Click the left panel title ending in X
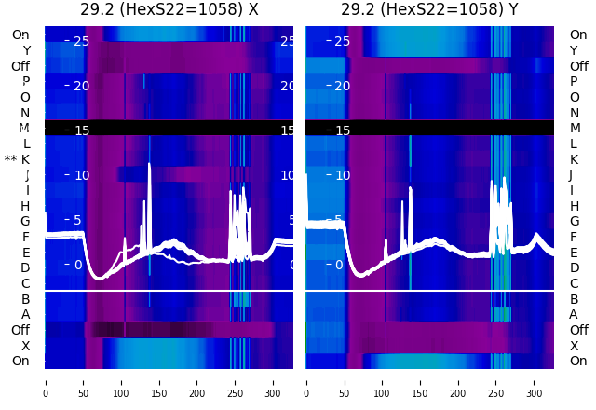[169, 10]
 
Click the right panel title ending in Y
[430, 10]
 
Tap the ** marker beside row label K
[10, 159]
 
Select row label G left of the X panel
[25, 221]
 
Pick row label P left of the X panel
[25, 81]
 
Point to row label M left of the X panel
[25, 128]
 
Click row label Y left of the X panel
[26, 50]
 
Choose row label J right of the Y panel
[570, 174]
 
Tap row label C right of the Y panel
[574, 283]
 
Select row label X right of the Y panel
[574, 346]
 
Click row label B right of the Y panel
[574, 299]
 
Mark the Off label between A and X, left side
[20, 330]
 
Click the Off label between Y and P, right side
[578, 66]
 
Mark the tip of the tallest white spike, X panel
[149, 165]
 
